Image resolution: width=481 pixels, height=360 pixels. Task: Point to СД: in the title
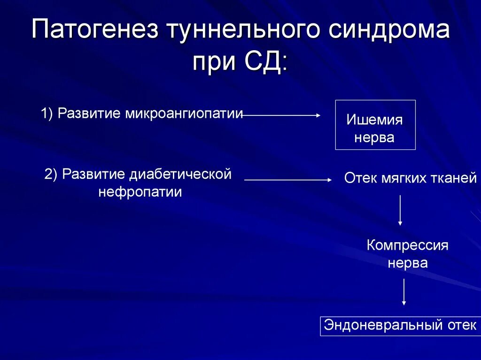pos(266,62)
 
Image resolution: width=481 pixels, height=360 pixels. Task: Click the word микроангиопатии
pos(184,114)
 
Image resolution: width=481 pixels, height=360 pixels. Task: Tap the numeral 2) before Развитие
pos(51,175)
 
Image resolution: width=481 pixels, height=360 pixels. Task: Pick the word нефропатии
pos(140,192)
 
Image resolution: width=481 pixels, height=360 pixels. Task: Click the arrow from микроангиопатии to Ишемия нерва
pos(282,115)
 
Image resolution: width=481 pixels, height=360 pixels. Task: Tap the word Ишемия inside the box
pos(374,120)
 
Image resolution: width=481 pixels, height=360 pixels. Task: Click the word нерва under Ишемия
pos(374,138)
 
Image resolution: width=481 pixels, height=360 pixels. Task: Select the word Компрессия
pos(407,245)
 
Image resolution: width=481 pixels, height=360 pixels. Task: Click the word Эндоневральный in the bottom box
pos(378,325)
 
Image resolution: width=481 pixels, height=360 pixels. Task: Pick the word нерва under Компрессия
pos(407,263)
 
